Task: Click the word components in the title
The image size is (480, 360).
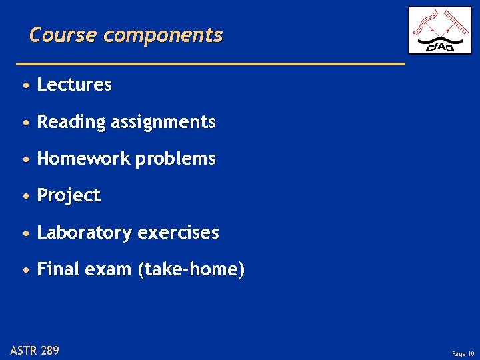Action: tap(163, 35)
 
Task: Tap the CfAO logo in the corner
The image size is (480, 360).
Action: tap(439, 31)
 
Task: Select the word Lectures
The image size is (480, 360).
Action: tap(74, 85)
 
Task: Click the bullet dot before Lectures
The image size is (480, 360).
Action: tap(25, 86)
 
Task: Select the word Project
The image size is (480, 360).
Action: tap(69, 196)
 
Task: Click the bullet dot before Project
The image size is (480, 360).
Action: tap(25, 197)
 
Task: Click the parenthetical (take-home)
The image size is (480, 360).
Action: tap(191, 270)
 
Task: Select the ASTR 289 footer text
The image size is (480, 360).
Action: tap(35, 350)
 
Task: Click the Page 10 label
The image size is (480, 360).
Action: tap(463, 354)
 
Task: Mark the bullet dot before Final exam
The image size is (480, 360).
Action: tap(25, 271)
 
